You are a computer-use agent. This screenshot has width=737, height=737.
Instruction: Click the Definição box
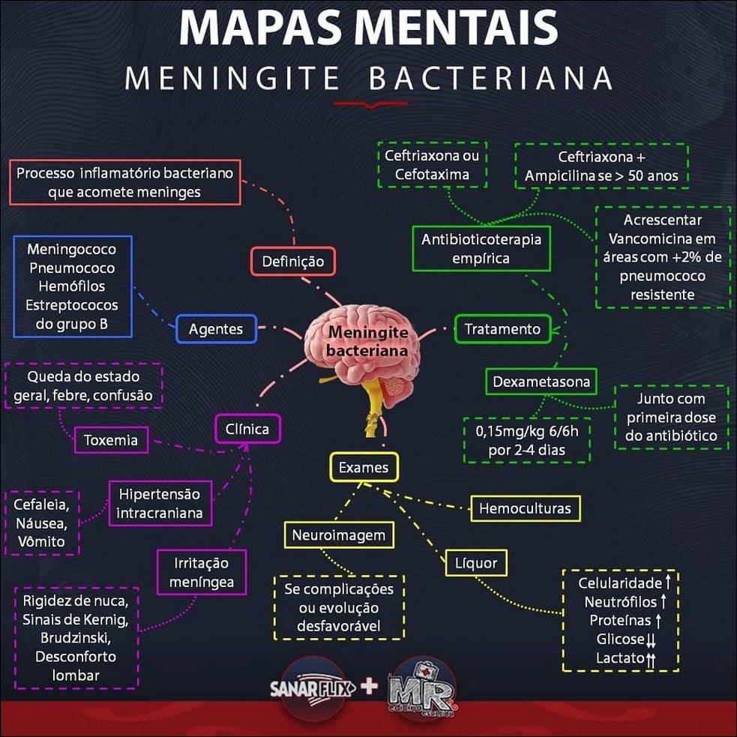292,262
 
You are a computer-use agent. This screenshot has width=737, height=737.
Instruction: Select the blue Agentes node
216,328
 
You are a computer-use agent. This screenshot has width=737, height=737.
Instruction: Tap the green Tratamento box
502,328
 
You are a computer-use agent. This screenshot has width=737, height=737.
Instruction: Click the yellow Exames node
364,468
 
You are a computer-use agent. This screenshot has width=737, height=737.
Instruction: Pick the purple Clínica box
247,430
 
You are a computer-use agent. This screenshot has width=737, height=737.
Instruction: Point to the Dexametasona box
541,382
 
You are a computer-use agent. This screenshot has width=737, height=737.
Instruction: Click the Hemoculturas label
525,509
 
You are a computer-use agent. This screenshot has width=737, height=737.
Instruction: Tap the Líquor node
476,561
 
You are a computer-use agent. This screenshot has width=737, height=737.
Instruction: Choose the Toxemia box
111,440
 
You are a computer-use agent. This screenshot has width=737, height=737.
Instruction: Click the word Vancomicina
652,238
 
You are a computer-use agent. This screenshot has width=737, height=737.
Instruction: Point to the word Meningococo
71,249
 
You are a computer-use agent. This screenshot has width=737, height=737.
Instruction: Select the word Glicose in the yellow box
620,640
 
